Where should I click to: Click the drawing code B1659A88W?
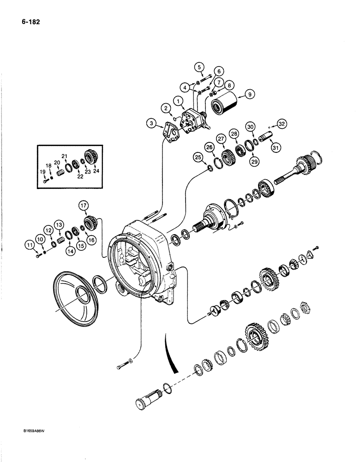click(29, 440)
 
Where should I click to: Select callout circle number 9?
click(249, 94)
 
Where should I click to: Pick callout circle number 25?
click(198, 158)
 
